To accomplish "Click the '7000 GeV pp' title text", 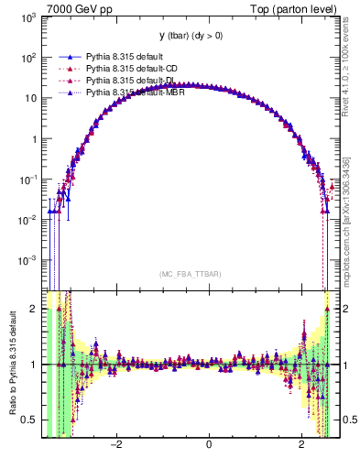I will coord(78,8).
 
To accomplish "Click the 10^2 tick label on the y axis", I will coord(29,59).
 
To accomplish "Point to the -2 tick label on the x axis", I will coord(115,446).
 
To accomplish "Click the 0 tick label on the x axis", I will coord(209,446).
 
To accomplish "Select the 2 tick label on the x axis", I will coord(302,446).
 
